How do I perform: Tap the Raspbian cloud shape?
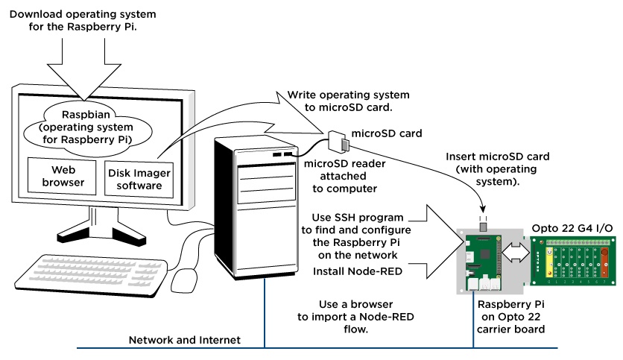[88, 126]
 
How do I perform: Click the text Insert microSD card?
[497, 157]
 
